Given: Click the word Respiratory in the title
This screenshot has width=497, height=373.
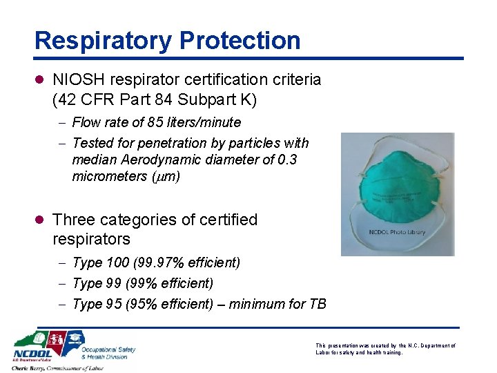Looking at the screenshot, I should tap(103, 40).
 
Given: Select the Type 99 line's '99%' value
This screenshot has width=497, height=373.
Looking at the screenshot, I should tap(145, 283).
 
